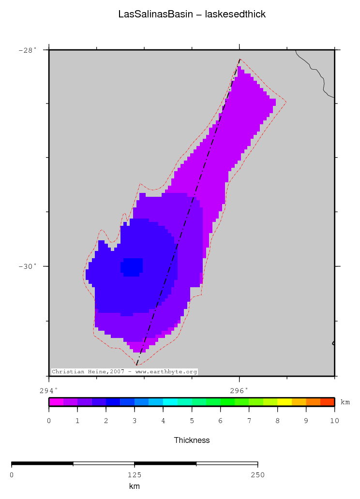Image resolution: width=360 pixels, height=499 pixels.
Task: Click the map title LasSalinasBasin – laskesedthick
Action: pos(192,15)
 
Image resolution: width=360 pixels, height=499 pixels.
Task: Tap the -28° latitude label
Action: pos(27,50)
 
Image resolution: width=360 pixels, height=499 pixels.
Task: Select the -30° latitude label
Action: pos(27,266)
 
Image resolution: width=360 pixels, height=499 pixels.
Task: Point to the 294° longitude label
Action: pos(48,390)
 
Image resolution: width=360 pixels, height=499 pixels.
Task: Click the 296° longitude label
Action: pos(239,390)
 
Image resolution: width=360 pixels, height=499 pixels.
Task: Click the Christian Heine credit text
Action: pos(124,372)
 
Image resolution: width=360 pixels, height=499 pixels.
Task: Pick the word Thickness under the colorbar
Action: pos(192,440)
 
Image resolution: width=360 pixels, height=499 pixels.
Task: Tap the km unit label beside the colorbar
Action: pos(345,402)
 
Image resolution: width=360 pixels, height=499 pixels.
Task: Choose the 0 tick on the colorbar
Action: pos(49,421)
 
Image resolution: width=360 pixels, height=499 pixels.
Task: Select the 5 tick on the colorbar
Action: pos(192,421)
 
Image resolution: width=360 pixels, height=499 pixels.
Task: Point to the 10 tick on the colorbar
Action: pos(334,421)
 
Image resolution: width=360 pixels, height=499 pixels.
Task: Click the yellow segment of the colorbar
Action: pos(285,401)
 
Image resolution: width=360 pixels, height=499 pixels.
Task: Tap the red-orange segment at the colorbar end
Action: pos(327,401)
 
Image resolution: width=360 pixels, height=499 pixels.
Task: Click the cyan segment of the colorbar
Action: pos(170,401)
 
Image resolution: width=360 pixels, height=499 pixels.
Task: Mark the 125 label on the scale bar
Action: pos(135,475)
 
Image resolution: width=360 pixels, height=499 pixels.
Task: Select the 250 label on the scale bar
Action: pos(257,475)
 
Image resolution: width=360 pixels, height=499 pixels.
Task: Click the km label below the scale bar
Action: pos(135,486)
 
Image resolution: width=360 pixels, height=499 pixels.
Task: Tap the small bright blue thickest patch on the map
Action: pos(132,266)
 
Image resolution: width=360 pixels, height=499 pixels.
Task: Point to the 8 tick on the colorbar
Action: pos(277,421)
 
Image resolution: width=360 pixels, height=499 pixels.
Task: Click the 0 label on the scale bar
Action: pos(12,475)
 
